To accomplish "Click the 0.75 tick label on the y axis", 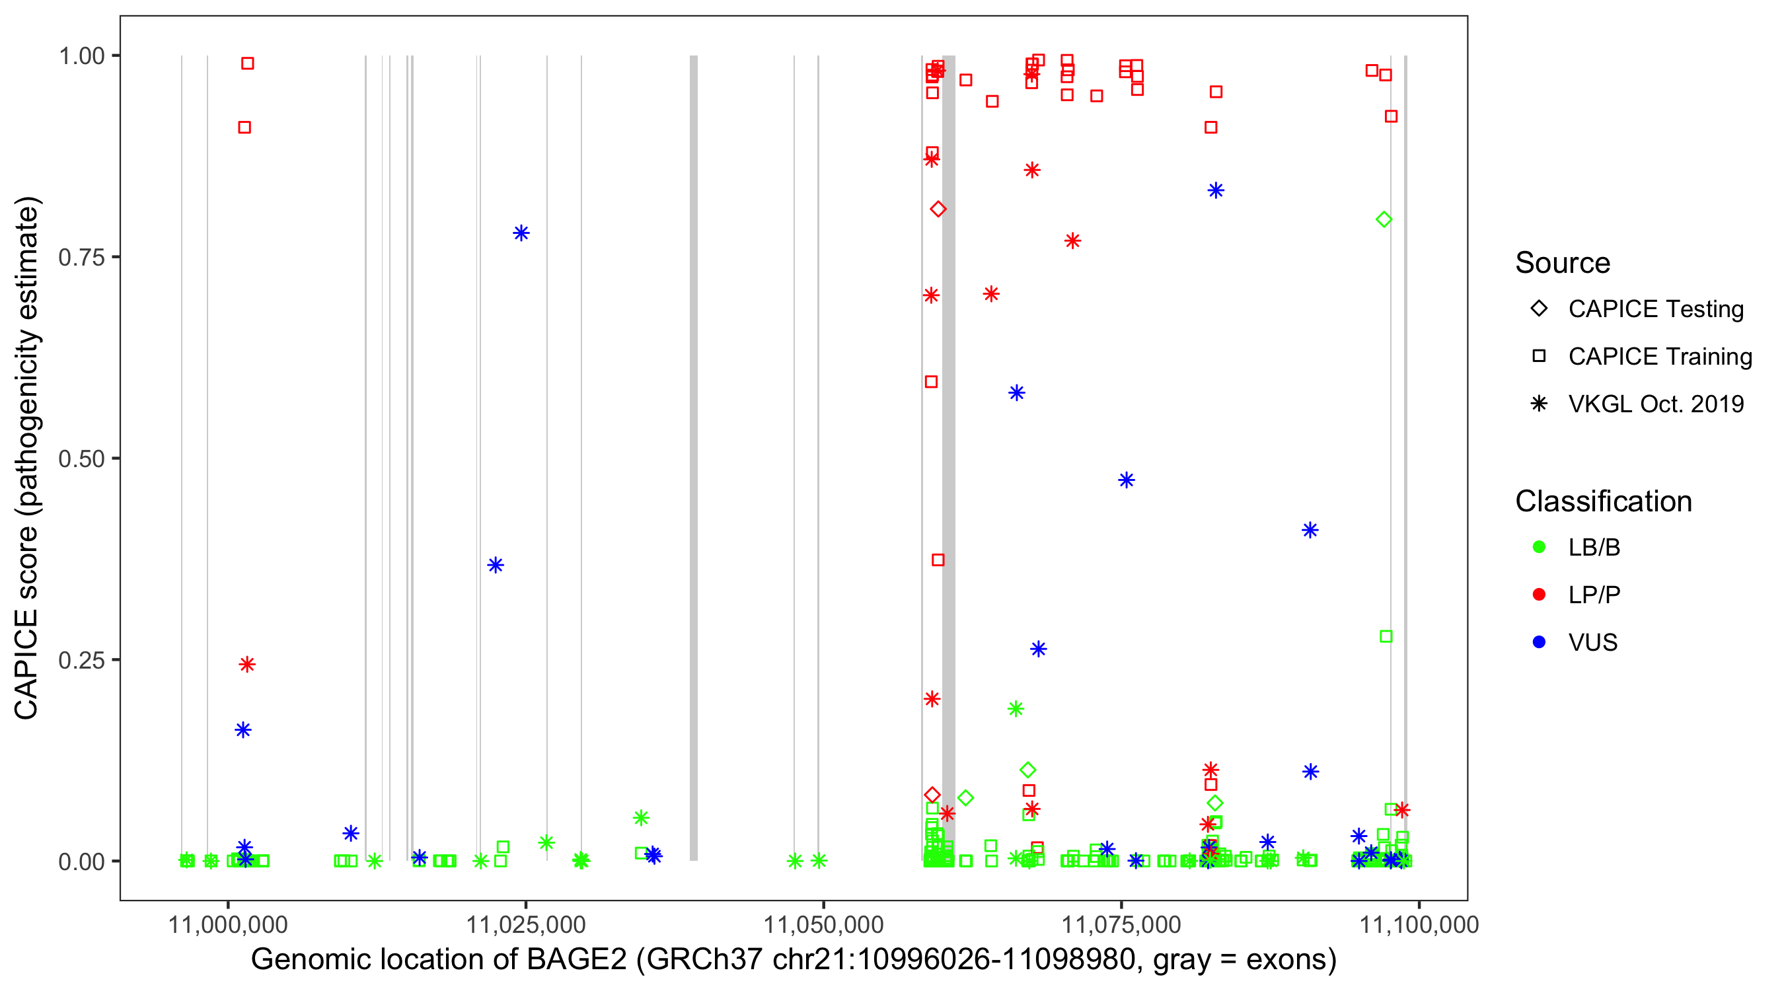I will [81, 257].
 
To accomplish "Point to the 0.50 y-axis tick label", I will [81, 459].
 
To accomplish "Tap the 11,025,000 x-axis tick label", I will [526, 924].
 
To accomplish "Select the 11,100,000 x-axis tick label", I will [1419, 924].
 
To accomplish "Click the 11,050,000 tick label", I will [823, 924].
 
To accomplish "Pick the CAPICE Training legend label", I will [1660, 357].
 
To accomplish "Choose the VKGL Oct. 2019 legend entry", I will [1656, 404].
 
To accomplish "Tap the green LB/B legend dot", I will [1539, 547].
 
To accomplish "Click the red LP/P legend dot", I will [1539, 595].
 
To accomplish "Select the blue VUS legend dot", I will [1539, 642].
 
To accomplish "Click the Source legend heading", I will [1563, 263].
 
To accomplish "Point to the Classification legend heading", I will [1603, 501].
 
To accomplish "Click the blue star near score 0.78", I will [521, 233].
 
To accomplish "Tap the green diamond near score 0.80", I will [1384, 219].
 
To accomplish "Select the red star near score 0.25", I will [247, 665].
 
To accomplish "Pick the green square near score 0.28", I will [1386, 636].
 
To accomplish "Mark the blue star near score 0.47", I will [1126, 480].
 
